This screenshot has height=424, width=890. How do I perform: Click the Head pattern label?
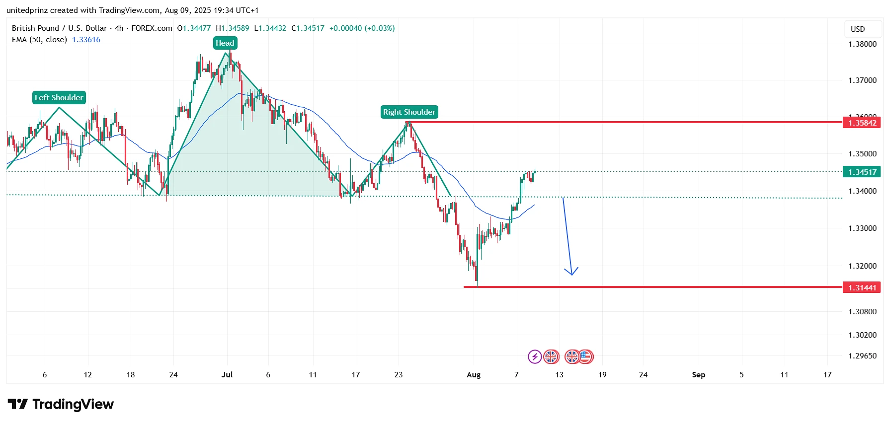point(225,43)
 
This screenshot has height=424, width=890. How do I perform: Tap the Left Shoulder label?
point(59,98)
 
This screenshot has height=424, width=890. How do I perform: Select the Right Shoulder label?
point(409,112)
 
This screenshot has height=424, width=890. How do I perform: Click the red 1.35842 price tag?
point(862,123)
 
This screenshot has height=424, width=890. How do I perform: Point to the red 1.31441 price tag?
point(862,287)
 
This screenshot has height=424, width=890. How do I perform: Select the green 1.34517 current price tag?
point(862,172)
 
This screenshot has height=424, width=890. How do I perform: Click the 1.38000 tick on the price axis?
point(862,44)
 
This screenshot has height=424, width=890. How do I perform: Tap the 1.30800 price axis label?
point(862,311)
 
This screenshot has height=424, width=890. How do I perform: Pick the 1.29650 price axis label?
point(862,355)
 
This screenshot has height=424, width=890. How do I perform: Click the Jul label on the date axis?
point(227,374)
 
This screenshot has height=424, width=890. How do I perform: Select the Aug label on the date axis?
point(474,374)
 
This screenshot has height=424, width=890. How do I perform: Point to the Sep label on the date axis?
point(698,374)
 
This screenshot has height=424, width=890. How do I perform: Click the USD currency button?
point(858,29)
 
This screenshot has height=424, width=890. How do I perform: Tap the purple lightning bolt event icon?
point(535,356)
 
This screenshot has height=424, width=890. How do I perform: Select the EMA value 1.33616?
point(86,40)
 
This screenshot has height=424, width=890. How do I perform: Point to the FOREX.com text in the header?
point(152,28)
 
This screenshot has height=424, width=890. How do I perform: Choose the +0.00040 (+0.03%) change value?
point(362,28)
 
